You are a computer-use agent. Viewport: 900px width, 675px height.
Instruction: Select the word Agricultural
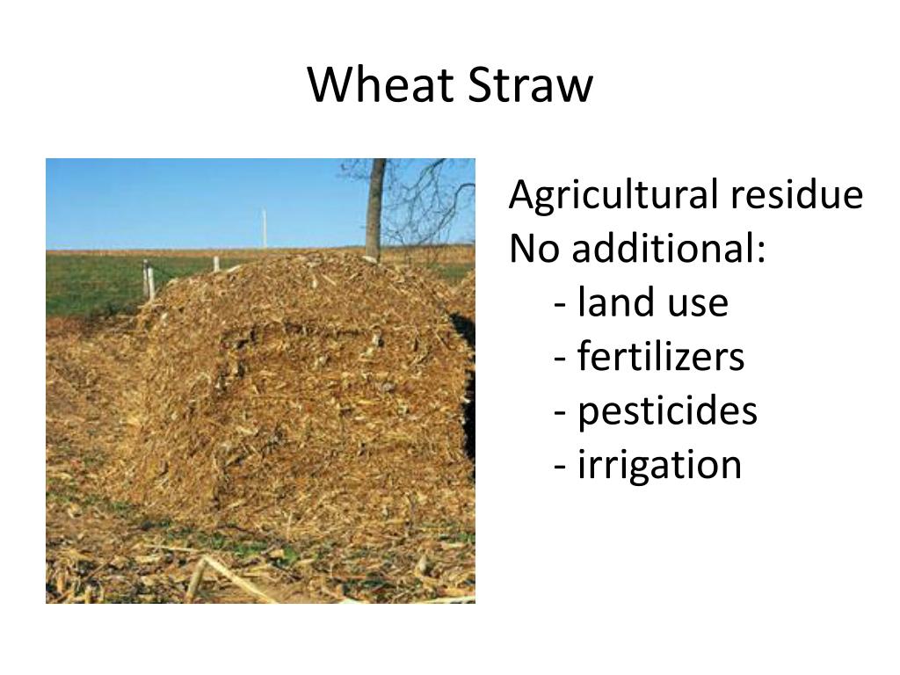pyautogui.click(x=613, y=195)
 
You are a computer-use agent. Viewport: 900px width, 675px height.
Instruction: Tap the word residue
pyautogui.click(x=797, y=195)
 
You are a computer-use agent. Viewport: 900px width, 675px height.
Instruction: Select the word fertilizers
pyautogui.click(x=661, y=356)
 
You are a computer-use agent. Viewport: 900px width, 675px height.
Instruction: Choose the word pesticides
pyautogui.click(x=667, y=410)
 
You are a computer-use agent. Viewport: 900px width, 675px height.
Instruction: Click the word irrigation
pyautogui.click(x=659, y=464)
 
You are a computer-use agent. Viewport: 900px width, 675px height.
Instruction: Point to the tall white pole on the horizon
pyautogui.click(x=264, y=228)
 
